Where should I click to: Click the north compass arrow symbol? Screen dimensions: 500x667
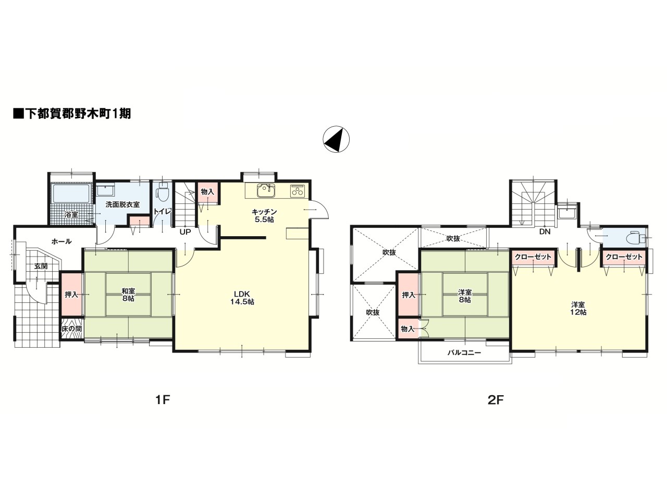click(x=336, y=139)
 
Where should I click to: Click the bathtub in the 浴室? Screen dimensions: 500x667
click(x=71, y=196)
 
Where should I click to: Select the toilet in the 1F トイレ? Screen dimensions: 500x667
click(x=162, y=194)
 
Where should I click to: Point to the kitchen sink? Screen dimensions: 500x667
click(x=266, y=190)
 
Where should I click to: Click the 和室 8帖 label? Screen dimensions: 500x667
click(x=128, y=295)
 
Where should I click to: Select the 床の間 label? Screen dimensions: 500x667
click(x=71, y=329)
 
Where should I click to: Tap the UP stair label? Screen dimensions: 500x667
click(x=185, y=232)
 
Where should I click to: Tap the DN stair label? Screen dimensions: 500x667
click(x=545, y=232)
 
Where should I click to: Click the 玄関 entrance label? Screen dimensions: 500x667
click(x=41, y=266)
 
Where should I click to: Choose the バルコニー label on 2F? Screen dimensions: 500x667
click(x=464, y=352)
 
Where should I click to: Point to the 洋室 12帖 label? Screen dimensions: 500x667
click(x=578, y=308)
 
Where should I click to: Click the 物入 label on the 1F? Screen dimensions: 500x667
click(x=207, y=192)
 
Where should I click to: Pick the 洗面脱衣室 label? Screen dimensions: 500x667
click(x=122, y=204)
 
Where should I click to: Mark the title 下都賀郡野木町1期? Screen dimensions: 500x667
click(x=71, y=114)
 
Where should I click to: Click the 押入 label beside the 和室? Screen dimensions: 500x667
click(x=71, y=295)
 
